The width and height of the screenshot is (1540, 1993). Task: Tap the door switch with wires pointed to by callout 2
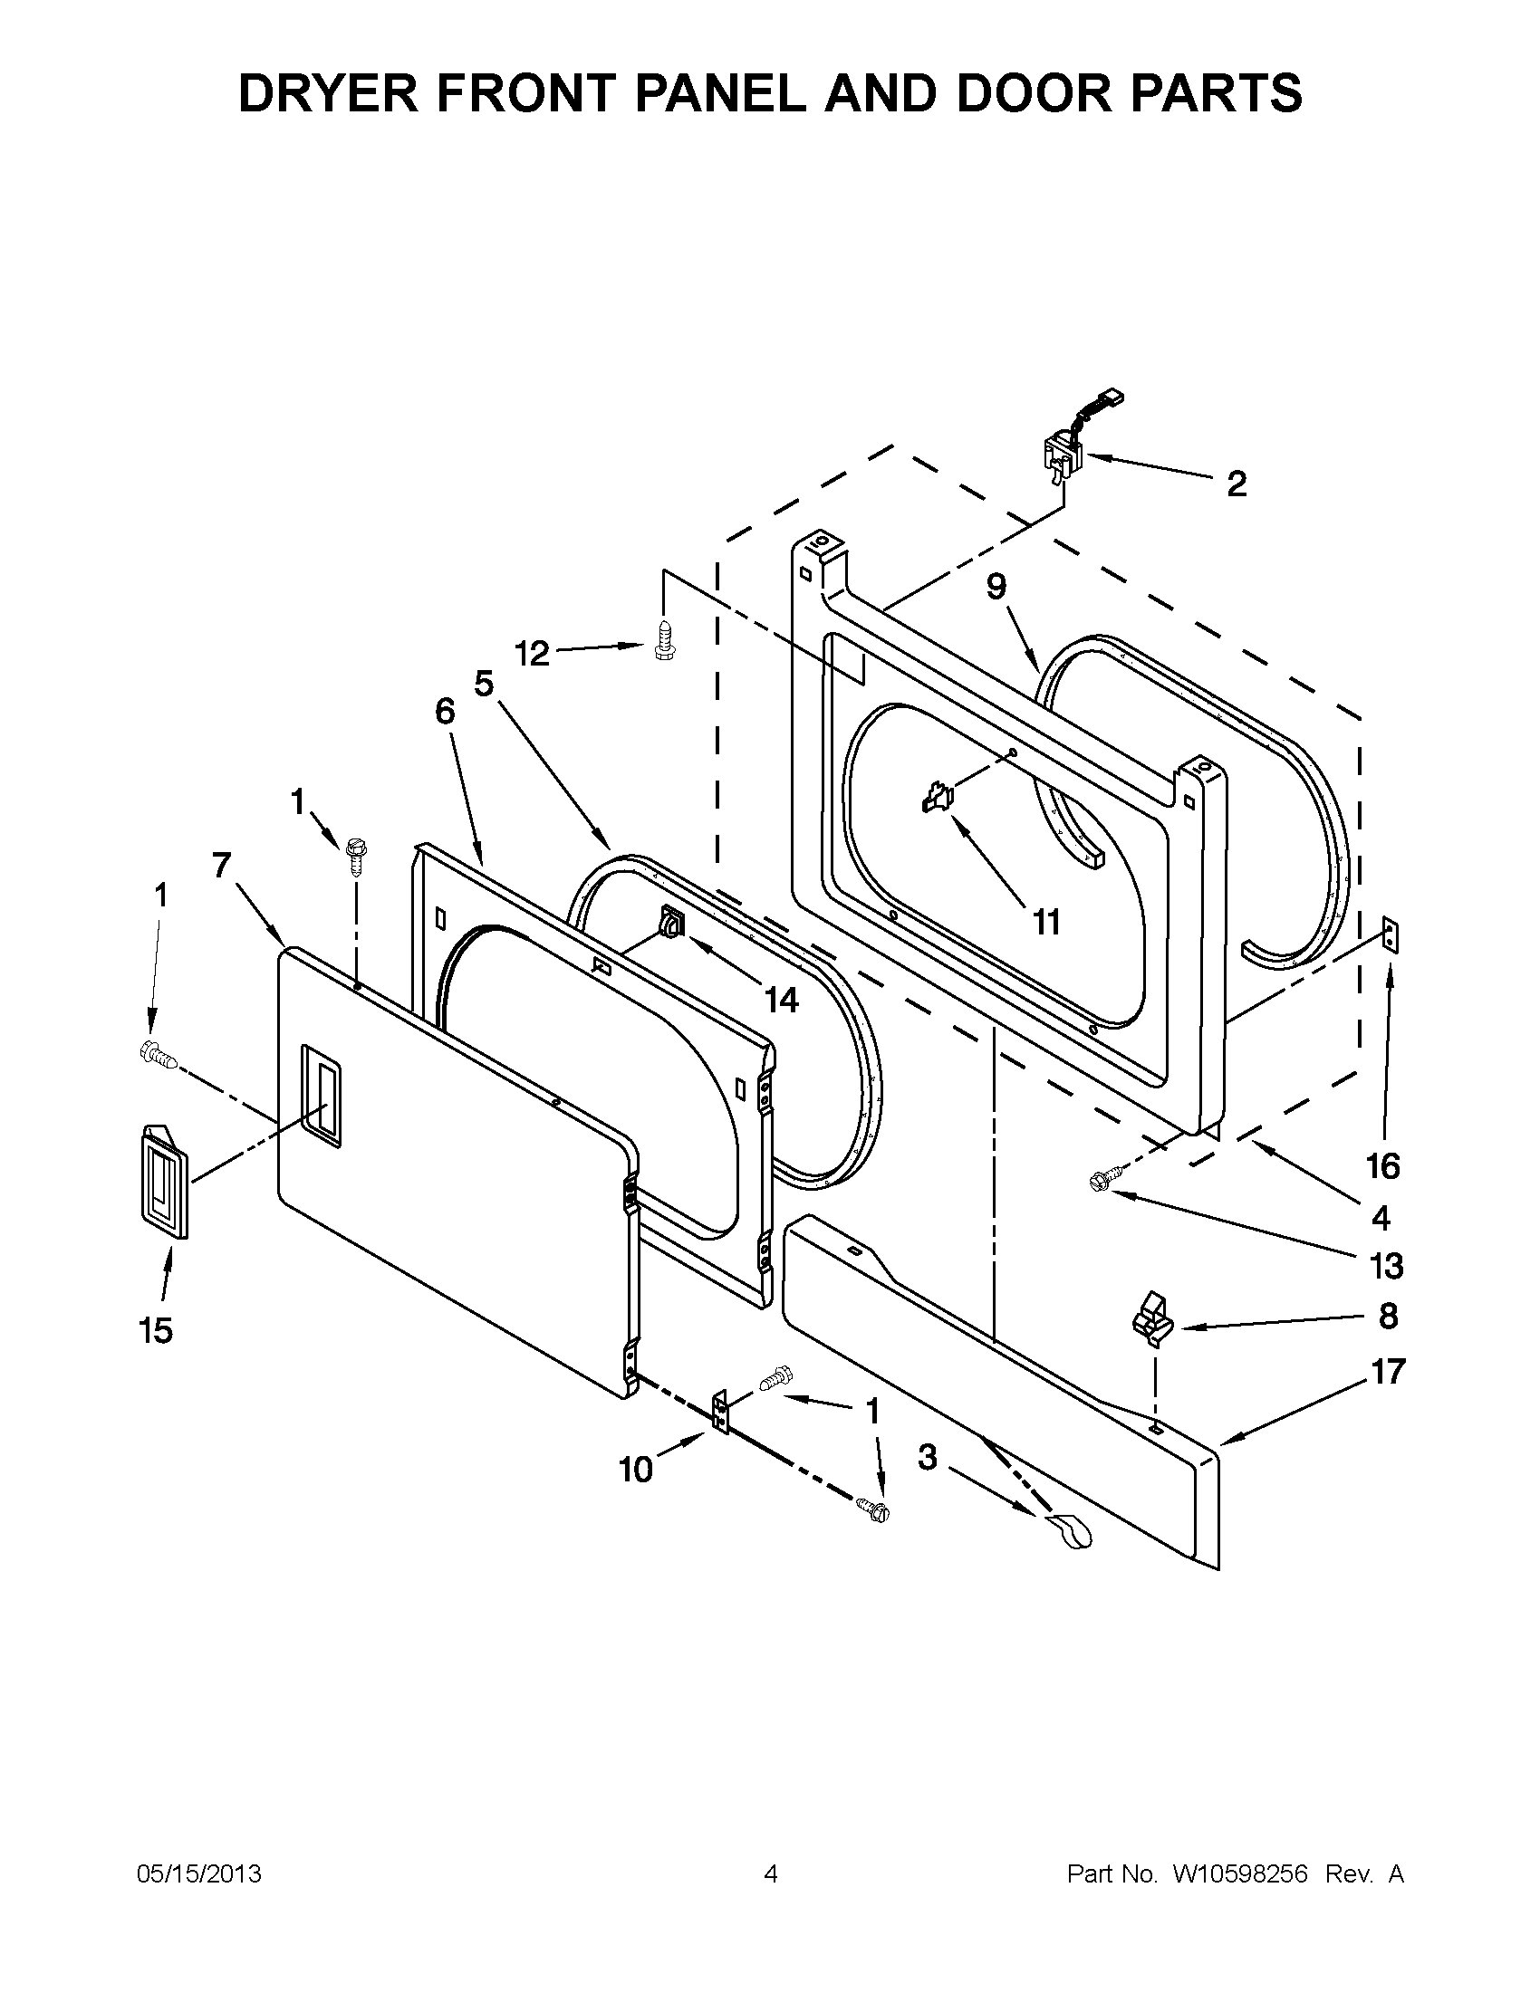click(1061, 456)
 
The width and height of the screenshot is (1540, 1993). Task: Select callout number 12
click(532, 654)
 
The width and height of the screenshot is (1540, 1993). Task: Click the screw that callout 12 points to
click(664, 637)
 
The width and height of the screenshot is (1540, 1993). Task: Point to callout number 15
click(156, 1330)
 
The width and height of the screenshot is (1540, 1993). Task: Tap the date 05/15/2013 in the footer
click(199, 1874)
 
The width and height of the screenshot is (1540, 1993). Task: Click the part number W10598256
click(1239, 1874)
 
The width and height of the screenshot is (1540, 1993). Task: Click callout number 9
click(996, 587)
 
